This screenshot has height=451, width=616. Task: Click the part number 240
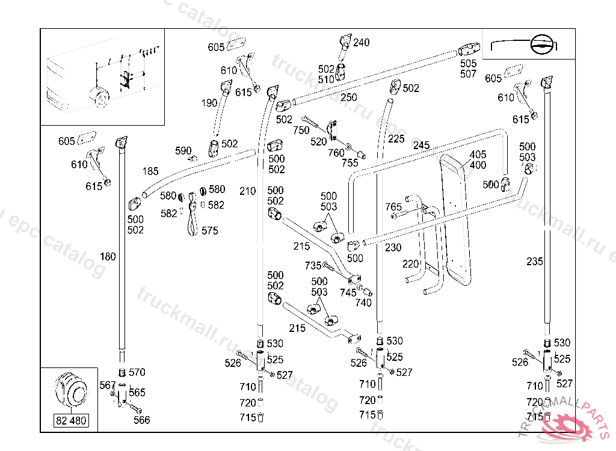362,43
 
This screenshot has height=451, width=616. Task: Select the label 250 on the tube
348,97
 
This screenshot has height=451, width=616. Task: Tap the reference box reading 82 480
71,420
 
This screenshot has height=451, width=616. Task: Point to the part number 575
210,230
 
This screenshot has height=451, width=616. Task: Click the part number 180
108,257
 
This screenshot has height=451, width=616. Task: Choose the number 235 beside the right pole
534,262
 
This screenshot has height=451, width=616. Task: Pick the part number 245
421,146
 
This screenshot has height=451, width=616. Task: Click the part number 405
478,155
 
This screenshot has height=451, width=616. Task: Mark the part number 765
393,207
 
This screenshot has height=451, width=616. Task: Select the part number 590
183,150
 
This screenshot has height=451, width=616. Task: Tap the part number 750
301,130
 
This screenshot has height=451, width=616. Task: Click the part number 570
137,372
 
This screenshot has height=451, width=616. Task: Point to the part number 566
141,420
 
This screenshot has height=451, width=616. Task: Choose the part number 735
313,265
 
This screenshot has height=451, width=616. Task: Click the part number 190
209,103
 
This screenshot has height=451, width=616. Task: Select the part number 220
410,263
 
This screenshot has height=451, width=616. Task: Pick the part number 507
468,74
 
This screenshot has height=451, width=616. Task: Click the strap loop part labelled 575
192,216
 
